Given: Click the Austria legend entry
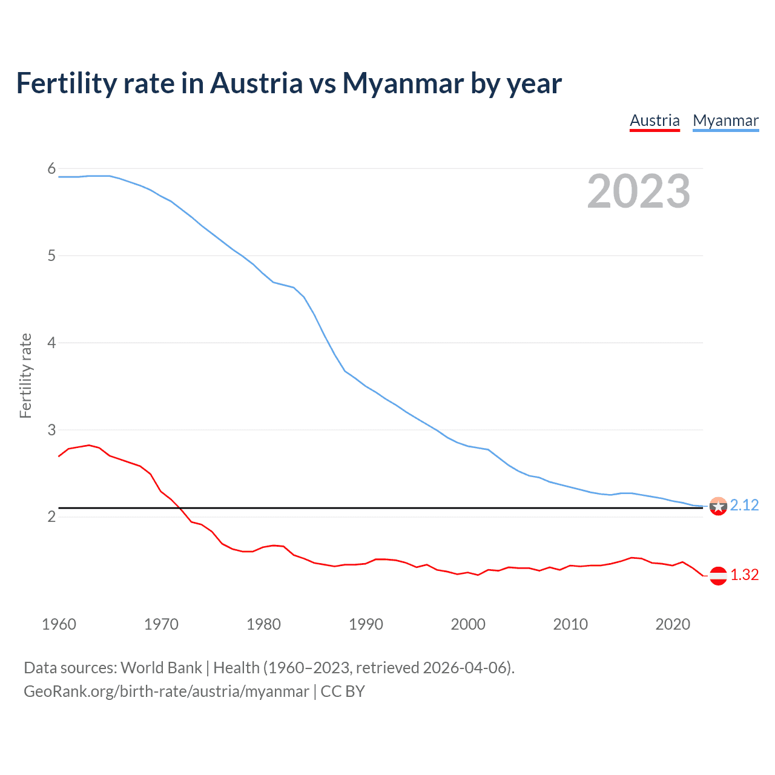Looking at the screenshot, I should (x=655, y=120).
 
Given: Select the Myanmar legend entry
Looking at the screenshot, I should (x=725, y=120).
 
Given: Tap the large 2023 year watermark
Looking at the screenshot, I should (x=639, y=191).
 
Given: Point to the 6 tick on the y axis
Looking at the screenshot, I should (x=51, y=169).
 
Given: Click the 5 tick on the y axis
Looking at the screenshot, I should (x=51, y=256).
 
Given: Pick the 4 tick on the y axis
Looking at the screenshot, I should (x=51, y=343).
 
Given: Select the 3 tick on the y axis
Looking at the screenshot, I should (x=51, y=430).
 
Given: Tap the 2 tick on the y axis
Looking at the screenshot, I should (x=51, y=516).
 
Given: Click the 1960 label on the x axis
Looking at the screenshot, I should (x=59, y=624).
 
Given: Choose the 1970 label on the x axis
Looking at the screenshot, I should (x=161, y=624).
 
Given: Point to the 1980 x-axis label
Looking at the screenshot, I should (x=263, y=624).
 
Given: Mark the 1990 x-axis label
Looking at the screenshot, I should (x=366, y=624).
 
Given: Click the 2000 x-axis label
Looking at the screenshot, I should (x=468, y=624).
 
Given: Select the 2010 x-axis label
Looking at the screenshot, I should (x=570, y=624).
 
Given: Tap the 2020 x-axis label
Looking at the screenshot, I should (x=673, y=624).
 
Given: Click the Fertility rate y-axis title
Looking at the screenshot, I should (x=25, y=375).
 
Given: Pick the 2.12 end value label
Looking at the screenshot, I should (x=744, y=505).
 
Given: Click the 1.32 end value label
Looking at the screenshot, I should (x=744, y=575).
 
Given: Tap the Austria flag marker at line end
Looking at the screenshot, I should (x=718, y=576).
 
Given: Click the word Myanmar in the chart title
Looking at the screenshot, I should (x=403, y=83).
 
